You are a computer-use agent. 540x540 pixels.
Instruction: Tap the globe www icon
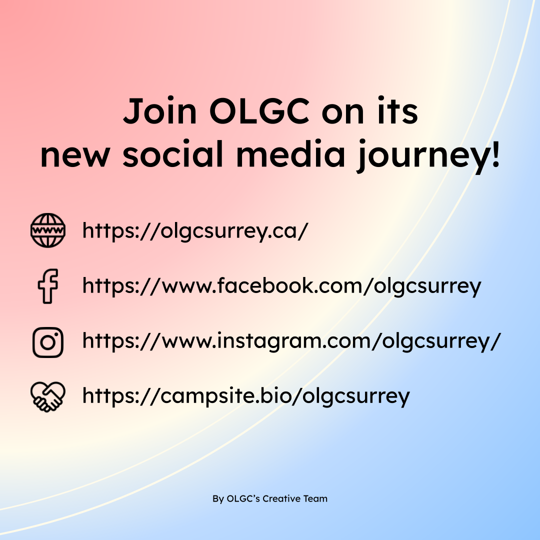click(48, 230)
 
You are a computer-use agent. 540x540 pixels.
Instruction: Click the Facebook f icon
click(48, 285)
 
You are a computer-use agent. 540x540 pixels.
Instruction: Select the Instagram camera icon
click(48, 342)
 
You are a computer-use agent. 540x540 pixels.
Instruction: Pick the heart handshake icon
click(48, 396)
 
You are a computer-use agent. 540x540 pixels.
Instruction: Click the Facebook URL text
click(281, 286)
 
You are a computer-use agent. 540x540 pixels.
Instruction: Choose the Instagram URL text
click(291, 341)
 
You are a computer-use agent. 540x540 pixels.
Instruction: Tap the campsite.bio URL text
click(246, 396)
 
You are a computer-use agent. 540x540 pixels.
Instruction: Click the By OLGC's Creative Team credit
click(270, 498)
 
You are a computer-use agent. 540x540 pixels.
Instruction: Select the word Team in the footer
click(315, 498)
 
